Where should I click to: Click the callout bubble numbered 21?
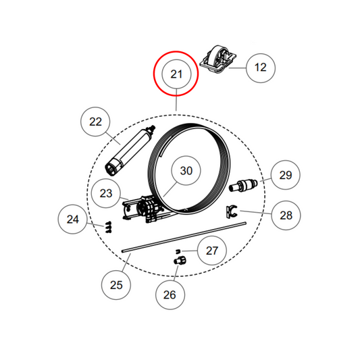point(176,74)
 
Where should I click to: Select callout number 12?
point(260,68)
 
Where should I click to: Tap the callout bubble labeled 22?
point(95,122)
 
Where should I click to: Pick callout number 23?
point(106,193)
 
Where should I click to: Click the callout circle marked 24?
point(72,220)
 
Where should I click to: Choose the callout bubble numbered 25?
point(116,285)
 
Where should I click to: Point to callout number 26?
point(170,294)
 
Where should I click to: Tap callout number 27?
point(211,251)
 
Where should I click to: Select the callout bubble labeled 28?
point(286,215)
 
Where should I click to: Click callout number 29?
point(286,175)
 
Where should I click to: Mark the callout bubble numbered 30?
point(186,171)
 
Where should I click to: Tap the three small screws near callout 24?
point(109,227)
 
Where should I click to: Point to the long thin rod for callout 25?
point(184,237)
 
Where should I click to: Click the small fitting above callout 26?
point(180,261)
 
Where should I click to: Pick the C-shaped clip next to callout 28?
point(231,211)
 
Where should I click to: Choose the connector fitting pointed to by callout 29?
point(243,185)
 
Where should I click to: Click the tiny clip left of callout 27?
point(177,251)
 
